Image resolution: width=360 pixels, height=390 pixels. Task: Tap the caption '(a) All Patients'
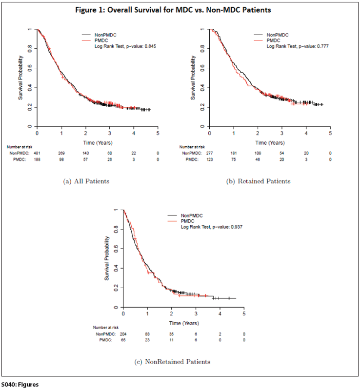[86, 181]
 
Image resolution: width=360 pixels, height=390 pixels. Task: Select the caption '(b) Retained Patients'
[259, 181]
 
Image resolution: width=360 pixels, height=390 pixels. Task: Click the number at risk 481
[37, 152]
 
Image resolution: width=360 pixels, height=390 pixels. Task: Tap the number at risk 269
[61, 152]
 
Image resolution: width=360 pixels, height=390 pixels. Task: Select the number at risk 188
[37, 158]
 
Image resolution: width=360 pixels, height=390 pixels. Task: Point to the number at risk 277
[210, 152]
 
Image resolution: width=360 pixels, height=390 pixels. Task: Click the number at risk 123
[210, 158]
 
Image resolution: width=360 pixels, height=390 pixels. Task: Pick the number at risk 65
[123, 340]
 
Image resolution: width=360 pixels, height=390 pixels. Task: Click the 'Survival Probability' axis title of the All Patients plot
[21, 78]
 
